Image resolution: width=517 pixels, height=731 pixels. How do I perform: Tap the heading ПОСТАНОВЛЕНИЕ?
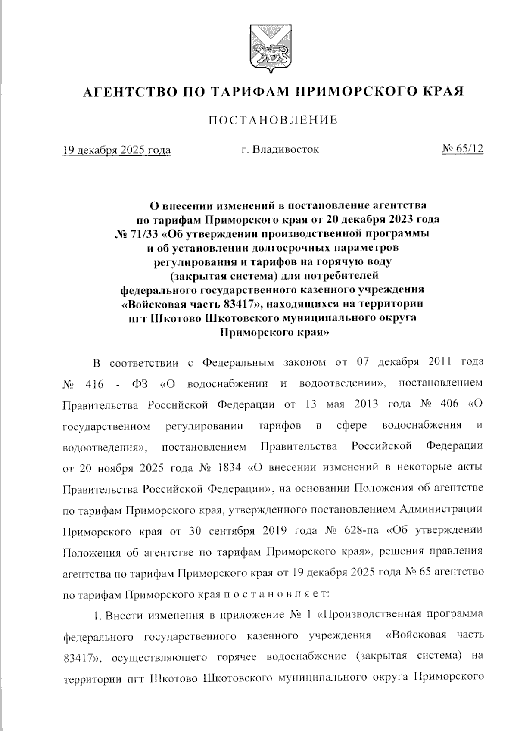(273, 120)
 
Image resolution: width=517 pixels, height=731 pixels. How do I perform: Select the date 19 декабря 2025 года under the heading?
(117, 150)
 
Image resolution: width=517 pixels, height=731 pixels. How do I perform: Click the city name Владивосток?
(285, 149)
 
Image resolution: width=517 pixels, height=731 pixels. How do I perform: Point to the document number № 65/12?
(462, 149)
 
